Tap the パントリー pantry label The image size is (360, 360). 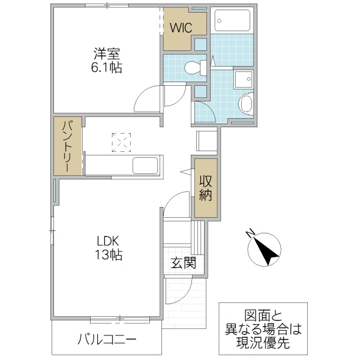68,146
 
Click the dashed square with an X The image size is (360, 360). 121,142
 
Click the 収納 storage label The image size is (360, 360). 206,187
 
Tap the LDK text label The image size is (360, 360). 109,241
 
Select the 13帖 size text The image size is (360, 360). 109,255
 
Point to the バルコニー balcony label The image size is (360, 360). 107,340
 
